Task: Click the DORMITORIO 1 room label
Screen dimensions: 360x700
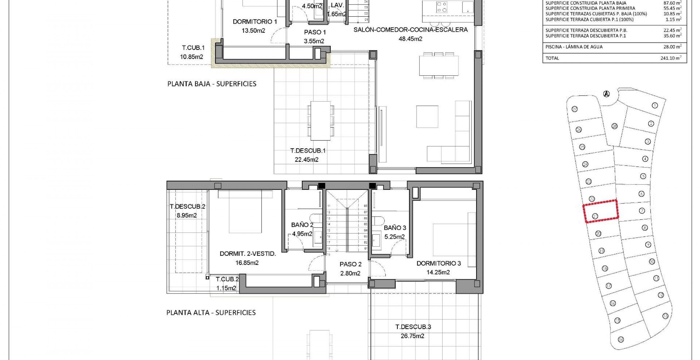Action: (x=255, y=22)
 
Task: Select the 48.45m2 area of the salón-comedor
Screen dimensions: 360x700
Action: (x=410, y=39)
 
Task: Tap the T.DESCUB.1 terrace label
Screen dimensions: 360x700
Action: (x=307, y=151)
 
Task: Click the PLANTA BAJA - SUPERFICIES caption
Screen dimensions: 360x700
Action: (x=212, y=84)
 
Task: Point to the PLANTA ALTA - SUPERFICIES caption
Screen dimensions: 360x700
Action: (x=211, y=313)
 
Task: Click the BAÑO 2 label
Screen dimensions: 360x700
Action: (x=302, y=225)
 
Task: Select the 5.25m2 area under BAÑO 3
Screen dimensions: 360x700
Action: (x=394, y=237)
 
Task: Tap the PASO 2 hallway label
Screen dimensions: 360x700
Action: (x=350, y=264)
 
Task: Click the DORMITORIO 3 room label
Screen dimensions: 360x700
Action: (x=438, y=263)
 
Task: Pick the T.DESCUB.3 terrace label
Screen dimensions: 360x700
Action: (x=413, y=327)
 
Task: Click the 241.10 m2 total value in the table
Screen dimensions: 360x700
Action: (x=671, y=58)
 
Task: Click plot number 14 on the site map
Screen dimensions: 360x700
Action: (x=621, y=340)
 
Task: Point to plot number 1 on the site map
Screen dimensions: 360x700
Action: (x=655, y=105)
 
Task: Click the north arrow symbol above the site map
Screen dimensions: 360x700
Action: (x=606, y=94)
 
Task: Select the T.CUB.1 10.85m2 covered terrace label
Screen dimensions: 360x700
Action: (x=193, y=52)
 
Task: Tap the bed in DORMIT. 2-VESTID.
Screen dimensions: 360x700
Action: (x=245, y=213)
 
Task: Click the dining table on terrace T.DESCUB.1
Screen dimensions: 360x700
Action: (x=320, y=121)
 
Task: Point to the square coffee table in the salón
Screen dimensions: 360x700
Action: (x=427, y=117)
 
